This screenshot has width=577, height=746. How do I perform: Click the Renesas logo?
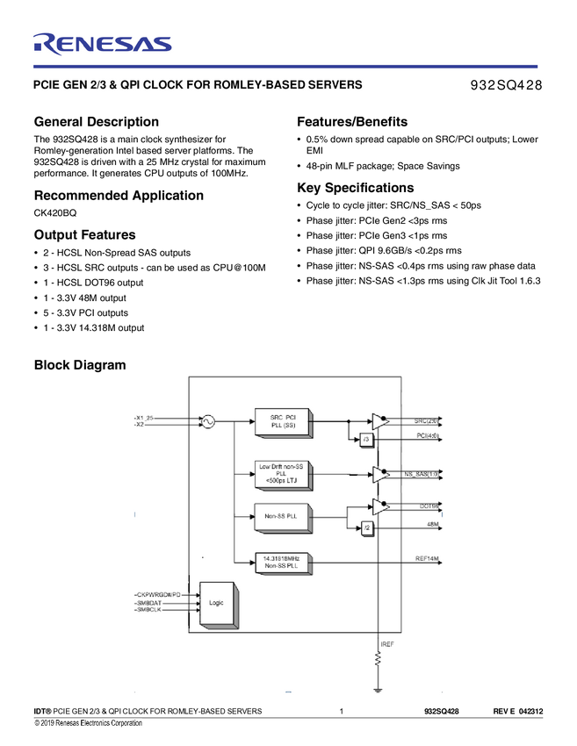pos(102,44)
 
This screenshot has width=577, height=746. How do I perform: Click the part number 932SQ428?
pos(507,85)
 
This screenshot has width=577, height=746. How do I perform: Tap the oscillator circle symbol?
pos(208,421)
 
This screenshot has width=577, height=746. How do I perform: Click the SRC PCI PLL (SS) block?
pos(283,421)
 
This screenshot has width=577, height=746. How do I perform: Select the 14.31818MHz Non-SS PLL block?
pos(283,563)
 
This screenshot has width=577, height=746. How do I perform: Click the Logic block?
pos(216,604)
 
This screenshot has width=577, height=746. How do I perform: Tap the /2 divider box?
pos(367,527)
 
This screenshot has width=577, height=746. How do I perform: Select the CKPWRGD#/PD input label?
pos(158,594)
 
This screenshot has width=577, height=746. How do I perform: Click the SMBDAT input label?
pos(150,603)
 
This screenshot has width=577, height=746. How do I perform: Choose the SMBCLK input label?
pos(150,610)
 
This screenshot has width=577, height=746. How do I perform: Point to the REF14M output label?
pos(427,559)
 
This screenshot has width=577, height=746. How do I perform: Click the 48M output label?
pos(433,524)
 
